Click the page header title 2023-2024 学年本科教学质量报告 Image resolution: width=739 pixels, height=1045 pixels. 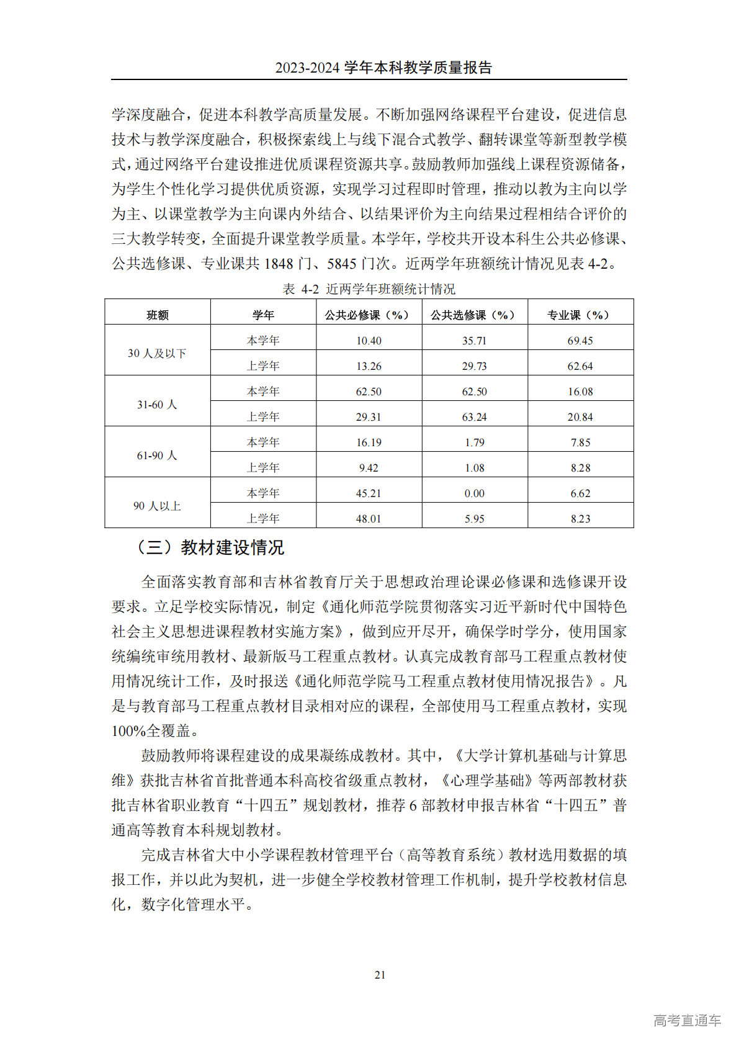tap(383, 68)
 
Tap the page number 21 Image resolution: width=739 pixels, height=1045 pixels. tap(380, 975)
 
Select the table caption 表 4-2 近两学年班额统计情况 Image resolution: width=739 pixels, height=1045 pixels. tap(369, 289)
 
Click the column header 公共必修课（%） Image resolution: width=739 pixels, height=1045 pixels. tap(369, 315)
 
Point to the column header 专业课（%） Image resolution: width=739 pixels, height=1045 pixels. tap(580, 315)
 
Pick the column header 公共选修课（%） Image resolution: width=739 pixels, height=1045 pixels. tap(475, 315)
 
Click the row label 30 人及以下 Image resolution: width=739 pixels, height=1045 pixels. tap(157, 353)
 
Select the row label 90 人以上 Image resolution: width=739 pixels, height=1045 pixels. tap(157, 506)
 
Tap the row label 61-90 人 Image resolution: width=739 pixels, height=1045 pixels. tap(157, 455)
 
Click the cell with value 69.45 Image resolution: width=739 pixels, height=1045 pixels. tap(580, 341)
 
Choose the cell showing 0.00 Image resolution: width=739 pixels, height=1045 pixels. tap(475, 493)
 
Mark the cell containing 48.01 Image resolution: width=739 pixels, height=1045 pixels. tap(369, 519)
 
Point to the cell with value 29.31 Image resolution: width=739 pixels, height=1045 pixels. tap(369, 417)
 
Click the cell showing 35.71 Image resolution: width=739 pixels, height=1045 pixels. tap(475, 341)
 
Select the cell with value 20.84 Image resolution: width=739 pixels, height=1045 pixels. tap(580, 417)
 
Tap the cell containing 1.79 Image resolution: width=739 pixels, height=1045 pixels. tap(475, 442)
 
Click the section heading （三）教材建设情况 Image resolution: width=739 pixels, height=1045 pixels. tap(210, 547)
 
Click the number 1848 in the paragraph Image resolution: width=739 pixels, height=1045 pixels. tap(278, 264)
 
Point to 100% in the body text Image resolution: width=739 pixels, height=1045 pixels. tap(129, 731)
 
